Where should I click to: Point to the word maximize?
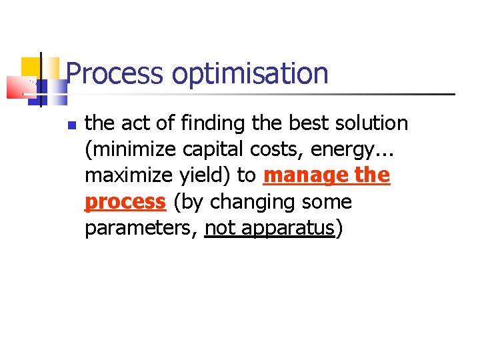(125, 175)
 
